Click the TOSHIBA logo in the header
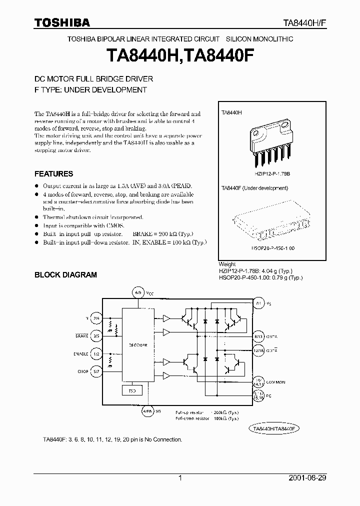pos(62,23)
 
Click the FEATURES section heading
pos(53,174)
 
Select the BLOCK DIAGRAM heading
pos(65,274)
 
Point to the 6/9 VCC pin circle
pos(138,291)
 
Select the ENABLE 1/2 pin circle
pos(96,353)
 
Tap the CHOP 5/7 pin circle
pos(96,371)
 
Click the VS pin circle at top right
pos(258,303)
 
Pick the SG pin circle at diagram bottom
pos(147,411)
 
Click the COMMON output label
pos(275,382)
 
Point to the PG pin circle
pos(258,396)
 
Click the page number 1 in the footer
pos(180,478)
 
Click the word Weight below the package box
pos(227,264)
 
